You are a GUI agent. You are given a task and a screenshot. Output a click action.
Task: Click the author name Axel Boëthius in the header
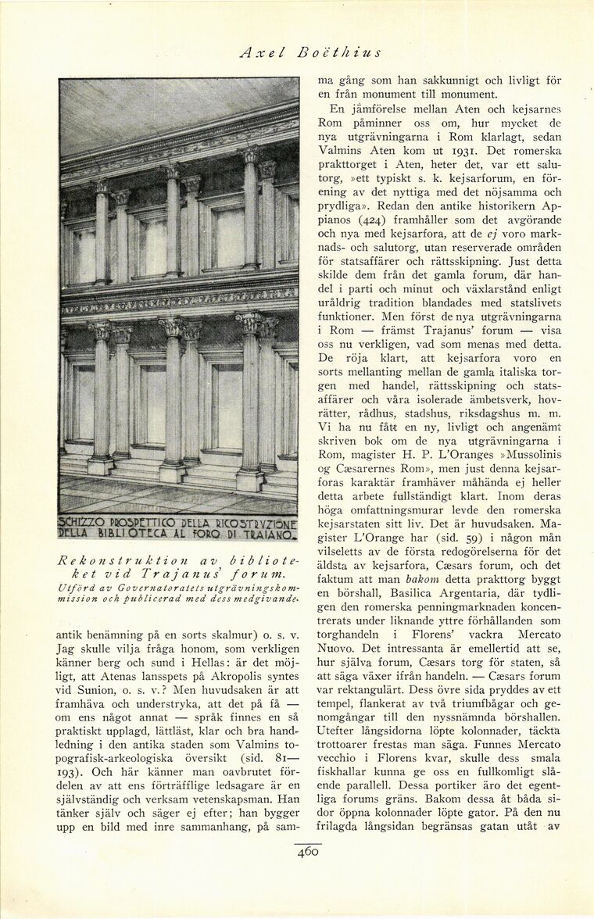click(310, 53)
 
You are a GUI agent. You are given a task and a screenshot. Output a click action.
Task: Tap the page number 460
click(308, 852)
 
